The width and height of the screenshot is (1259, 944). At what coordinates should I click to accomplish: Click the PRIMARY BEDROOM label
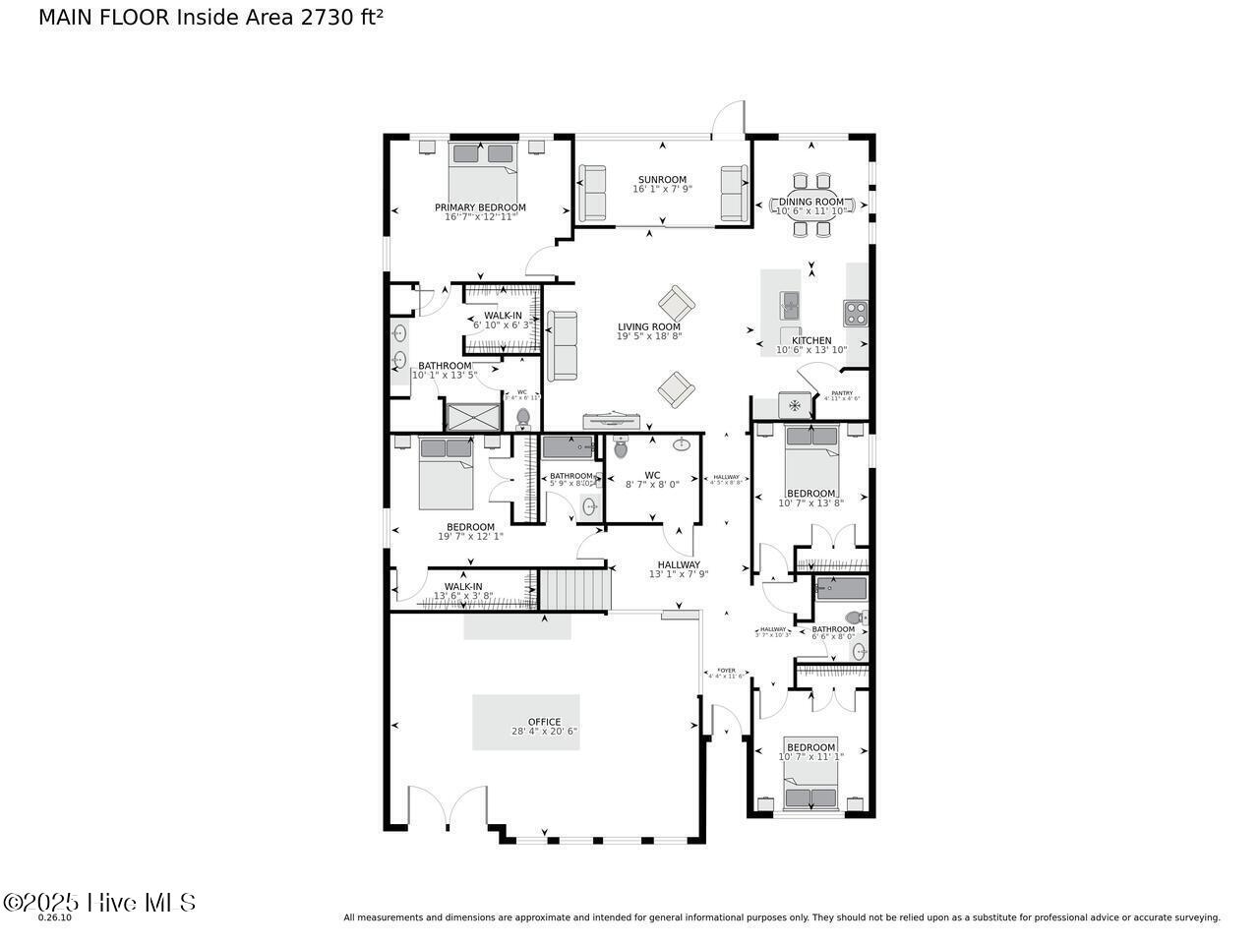tap(480, 207)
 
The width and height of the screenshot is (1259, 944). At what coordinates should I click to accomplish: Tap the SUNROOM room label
tap(661, 180)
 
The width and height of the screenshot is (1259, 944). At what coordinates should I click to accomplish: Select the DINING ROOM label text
tap(811, 202)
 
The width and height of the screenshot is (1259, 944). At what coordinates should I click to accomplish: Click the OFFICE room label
tap(544, 722)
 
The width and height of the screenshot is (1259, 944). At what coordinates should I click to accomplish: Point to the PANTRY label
tap(842, 393)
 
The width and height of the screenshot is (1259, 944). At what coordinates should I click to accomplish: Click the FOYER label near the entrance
tap(727, 671)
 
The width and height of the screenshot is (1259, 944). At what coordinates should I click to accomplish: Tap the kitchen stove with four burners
tap(856, 313)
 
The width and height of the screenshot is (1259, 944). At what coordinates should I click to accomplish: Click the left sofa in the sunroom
tap(592, 194)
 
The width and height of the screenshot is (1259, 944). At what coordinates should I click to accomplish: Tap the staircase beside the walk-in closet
tap(576, 588)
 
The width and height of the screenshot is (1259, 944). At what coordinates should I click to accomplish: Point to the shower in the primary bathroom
tap(472, 417)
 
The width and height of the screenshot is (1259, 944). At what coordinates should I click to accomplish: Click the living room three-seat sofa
tap(563, 346)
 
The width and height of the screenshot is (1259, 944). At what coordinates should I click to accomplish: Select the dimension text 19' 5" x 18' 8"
tap(648, 336)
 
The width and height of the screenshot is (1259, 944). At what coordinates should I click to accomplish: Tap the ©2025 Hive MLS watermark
tap(99, 902)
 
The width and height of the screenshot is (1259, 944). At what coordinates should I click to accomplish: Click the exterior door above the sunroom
tap(729, 120)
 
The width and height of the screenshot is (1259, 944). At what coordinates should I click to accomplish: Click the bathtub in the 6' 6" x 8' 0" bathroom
tap(841, 589)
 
